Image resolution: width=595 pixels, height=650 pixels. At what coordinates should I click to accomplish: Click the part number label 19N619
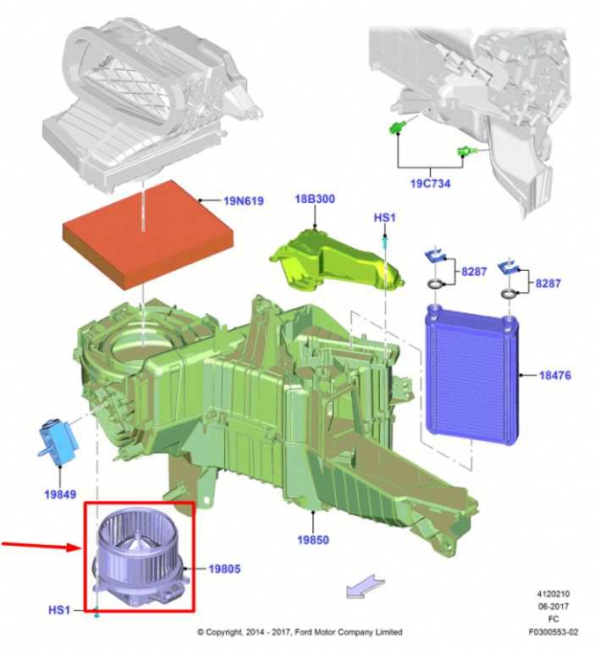(x=244, y=201)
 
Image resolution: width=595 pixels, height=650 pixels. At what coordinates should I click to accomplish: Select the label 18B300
(x=315, y=199)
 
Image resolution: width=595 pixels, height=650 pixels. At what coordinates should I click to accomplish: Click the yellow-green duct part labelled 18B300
(x=337, y=262)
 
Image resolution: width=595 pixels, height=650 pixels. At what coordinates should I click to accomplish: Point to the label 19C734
(x=431, y=183)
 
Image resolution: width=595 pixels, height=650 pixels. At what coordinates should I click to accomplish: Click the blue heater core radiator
(x=472, y=374)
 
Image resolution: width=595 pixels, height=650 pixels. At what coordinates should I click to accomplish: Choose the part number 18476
(x=554, y=376)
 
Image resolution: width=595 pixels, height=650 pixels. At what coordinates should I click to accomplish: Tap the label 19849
(x=61, y=494)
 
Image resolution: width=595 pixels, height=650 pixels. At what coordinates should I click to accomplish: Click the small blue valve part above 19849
(x=58, y=442)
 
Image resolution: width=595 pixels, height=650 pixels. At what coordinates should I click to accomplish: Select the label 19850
(x=313, y=540)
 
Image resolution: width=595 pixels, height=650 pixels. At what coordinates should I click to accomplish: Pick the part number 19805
(x=224, y=569)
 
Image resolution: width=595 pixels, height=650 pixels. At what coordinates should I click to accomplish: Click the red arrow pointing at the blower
(x=41, y=546)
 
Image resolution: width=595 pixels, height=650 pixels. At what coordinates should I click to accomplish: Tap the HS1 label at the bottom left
(x=59, y=610)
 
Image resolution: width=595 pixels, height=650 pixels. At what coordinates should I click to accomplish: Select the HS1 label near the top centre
(x=385, y=218)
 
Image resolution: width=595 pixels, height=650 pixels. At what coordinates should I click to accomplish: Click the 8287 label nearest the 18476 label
(x=548, y=284)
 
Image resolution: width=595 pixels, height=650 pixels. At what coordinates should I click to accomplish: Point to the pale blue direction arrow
(x=366, y=586)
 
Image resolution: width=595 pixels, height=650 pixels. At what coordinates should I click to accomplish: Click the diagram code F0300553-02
(x=554, y=632)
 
